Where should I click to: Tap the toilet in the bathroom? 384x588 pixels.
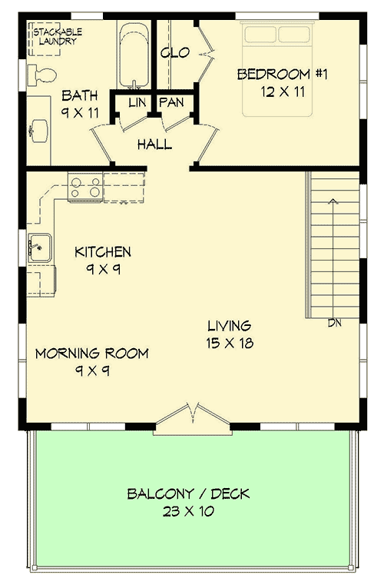coord(43,75)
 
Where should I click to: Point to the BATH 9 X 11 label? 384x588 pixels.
coord(80,103)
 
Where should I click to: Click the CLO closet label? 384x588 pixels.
coord(170,53)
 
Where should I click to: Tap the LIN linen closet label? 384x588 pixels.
coord(137,102)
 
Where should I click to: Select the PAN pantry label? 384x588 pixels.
coord(170,102)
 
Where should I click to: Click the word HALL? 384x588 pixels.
coord(154,145)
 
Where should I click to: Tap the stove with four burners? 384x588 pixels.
coord(85,188)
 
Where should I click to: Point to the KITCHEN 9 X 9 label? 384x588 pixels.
coord(102,260)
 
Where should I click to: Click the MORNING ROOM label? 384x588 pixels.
coord(91,354)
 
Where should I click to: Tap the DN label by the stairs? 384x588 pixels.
coord(334,323)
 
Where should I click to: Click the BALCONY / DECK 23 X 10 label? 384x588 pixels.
coord(189,501)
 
